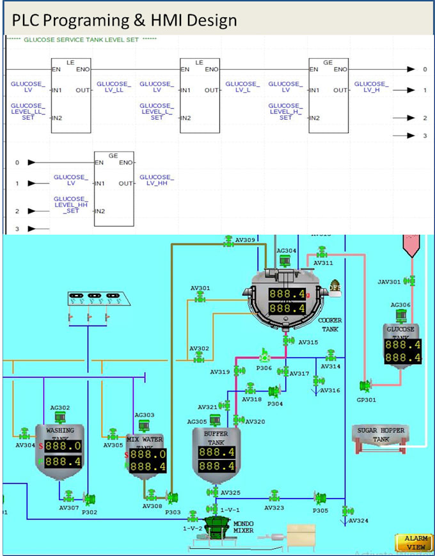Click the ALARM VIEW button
414,543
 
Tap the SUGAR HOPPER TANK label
381,435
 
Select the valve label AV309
245,240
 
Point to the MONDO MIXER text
243,527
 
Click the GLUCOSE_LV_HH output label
157,180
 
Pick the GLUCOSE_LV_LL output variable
114,87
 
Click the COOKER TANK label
330,324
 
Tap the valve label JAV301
389,281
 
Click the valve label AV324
358,520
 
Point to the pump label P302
90,511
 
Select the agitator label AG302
60,407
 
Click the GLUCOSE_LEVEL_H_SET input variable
285,112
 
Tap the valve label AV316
330,390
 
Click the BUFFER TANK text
216,438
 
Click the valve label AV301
200,288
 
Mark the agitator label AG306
400,305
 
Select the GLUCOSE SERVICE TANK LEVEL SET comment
81,40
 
